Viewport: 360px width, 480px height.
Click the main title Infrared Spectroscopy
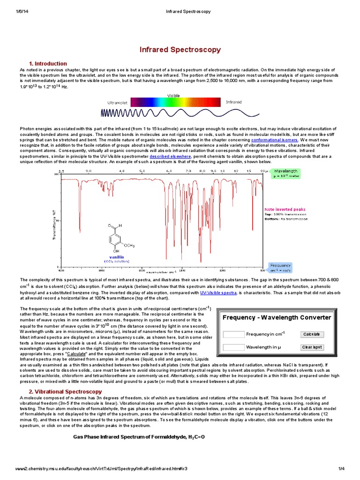coord(180,50)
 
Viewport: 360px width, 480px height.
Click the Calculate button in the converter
coord(312,334)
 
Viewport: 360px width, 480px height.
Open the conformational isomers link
coord(274,140)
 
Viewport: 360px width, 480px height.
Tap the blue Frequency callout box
coord(280,268)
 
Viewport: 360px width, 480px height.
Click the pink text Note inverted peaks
coord(285,209)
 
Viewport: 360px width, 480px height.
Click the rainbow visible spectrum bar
coord(175,102)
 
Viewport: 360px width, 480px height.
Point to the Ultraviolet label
coord(117,102)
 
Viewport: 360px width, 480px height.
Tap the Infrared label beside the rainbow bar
coord(234,102)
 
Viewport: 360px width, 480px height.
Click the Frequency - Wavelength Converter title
coord(277,317)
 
